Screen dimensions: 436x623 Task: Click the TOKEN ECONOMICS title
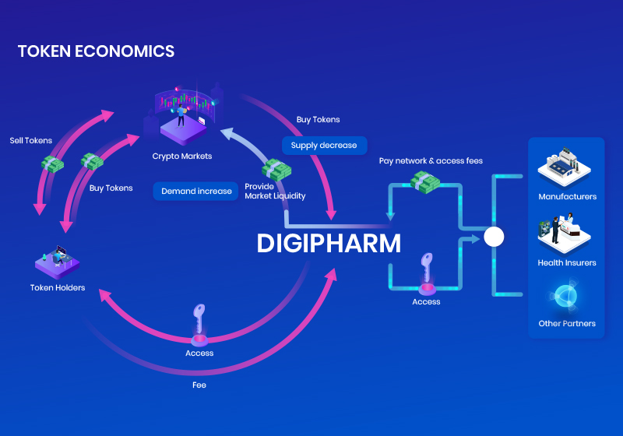[x=96, y=52]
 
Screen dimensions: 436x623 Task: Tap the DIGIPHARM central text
[x=329, y=244]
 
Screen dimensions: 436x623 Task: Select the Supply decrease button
[x=324, y=146]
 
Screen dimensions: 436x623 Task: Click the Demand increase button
[x=196, y=191]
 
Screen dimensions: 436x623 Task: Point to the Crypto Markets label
[x=181, y=156]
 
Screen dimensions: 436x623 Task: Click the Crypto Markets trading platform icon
[x=184, y=117]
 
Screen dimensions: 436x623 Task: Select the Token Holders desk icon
[x=59, y=262]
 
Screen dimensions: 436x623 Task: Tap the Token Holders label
[x=58, y=288]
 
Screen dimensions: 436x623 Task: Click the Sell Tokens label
[x=31, y=141]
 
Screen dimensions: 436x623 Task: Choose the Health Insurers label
[x=567, y=263]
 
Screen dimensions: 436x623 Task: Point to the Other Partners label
[x=567, y=324]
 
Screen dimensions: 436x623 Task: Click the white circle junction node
[x=494, y=237]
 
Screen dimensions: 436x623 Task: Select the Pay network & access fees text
[x=431, y=161]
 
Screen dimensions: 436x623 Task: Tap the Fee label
[x=199, y=385]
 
